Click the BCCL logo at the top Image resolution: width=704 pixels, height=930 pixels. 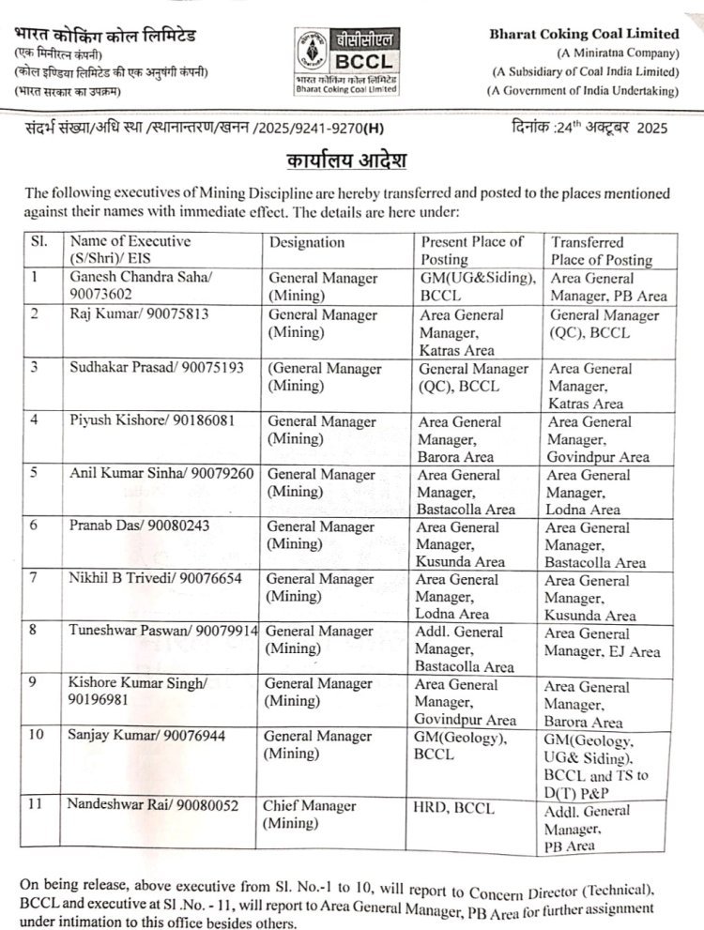[x=346, y=61]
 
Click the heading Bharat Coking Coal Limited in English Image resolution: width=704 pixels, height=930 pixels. [x=584, y=34]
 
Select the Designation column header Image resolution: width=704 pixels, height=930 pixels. [x=307, y=242]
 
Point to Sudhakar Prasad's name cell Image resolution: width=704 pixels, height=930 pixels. [x=157, y=367]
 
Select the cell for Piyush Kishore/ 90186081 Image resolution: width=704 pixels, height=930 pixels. [x=149, y=420]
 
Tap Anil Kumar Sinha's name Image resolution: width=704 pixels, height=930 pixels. [x=161, y=473]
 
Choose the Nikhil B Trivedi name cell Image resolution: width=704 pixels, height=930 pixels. [x=150, y=579]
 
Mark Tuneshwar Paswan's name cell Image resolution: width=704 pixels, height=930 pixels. [x=161, y=632]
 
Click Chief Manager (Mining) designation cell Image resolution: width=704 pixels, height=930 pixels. [x=309, y=815]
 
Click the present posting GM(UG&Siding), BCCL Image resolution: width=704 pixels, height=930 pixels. [x=477, y=285]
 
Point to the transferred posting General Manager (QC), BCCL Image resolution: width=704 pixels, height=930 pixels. [x=604, y=324]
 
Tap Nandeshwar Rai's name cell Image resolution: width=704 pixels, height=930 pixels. [x=152, y=804]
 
